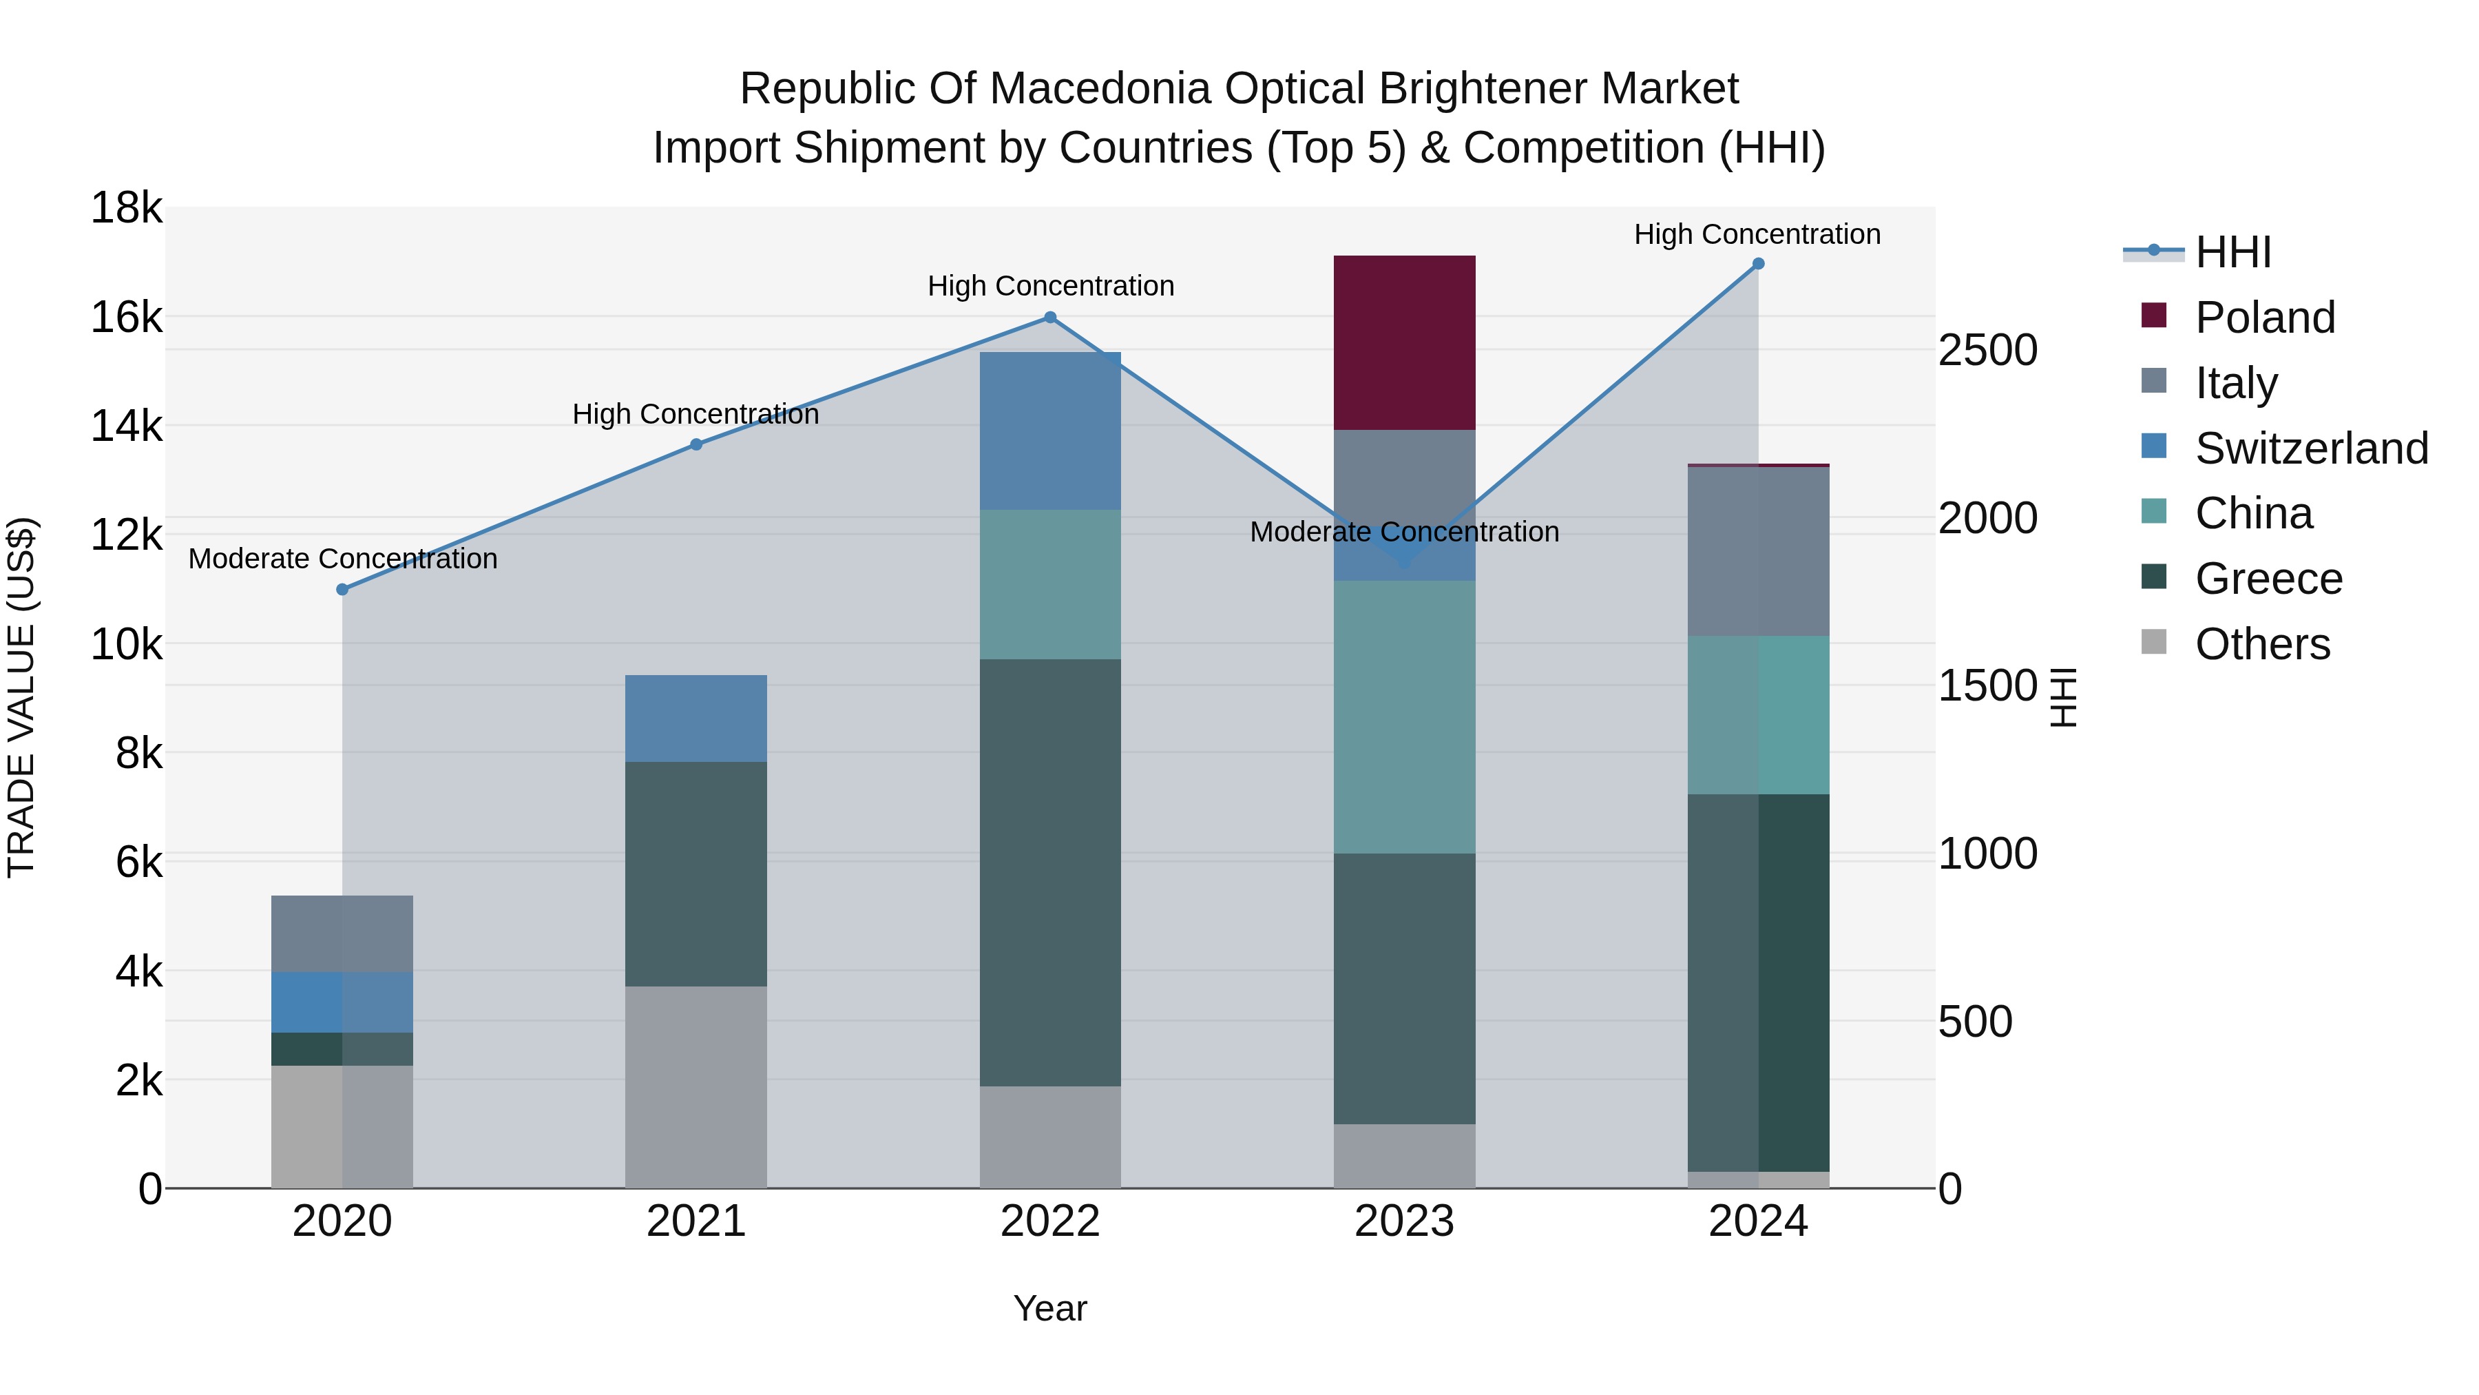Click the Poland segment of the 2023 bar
[1404, 343]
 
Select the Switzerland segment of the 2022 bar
[1050, 431]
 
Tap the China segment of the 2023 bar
[1404, 716]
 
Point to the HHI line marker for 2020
[343, 589]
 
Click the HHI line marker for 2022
[1050, 317]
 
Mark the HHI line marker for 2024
[1758, 264]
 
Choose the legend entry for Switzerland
[2310, 448]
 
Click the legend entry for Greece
[2268, 579]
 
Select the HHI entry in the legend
[2232, 252]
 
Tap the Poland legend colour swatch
[2154, 316]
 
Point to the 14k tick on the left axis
[126, 426]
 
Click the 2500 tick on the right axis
[1987, 351]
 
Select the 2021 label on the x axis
[695, 1221]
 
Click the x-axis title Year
[1050, 1308]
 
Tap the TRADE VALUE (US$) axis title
[22, 697]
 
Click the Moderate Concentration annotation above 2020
[343, 559]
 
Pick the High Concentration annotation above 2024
[1757, 234]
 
